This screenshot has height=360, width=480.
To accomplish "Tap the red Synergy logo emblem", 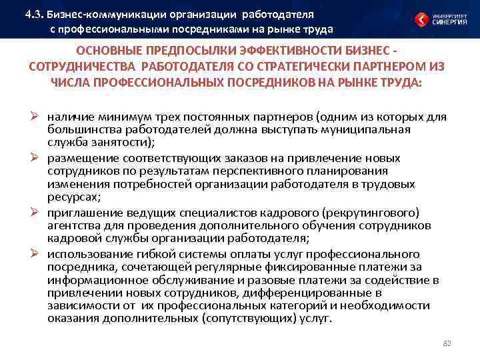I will click(421, 19).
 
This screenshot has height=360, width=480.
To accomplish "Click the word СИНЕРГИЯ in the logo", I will click(448, 21).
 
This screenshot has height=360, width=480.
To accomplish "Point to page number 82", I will click(447, 343).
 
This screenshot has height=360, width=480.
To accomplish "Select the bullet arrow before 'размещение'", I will click(39, 159).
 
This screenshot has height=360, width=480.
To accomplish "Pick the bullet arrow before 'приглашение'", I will click(39, 213).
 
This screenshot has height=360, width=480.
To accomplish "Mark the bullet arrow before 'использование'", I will click(39, 255).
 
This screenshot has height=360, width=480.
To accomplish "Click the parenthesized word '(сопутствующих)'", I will click(237, 318).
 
